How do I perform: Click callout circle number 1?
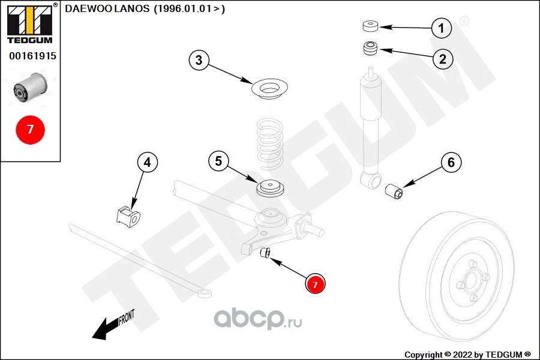pos(442,28)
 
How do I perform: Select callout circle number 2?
pos(442,58)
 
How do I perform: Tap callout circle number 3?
pos(199,60)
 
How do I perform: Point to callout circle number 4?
pos(148,162)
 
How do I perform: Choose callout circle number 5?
pos(218,161)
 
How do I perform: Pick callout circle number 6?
pos(452,162)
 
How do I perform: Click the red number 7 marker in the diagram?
pos(316,284)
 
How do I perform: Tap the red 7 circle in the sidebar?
pos(30,129)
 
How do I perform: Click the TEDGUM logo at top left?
pos(29,23)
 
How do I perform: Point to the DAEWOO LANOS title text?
pos(144,9)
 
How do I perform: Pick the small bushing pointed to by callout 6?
pos(395,191)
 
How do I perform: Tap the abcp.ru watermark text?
pos(259,319)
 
